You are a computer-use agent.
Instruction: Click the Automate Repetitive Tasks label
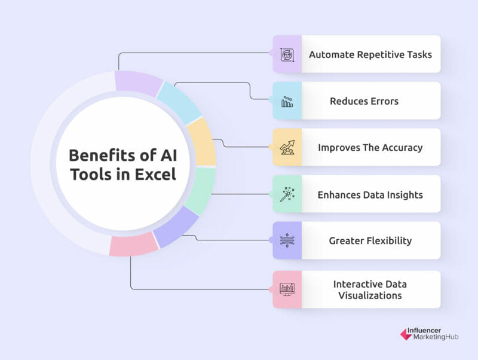point(370,54)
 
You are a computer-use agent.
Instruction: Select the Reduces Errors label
point(364,101)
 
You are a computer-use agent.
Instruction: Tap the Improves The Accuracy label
point(369,148)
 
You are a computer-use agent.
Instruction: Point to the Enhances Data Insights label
point(370,194)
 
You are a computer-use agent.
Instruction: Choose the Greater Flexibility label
point(370,241)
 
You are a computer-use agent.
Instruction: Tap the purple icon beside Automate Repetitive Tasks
point(287,54)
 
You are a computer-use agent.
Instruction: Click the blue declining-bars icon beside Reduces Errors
point(287,101)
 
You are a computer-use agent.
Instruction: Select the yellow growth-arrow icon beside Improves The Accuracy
point(287,148)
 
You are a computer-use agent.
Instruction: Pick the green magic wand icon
point(287,194)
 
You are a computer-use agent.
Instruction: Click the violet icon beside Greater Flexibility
point(287,241)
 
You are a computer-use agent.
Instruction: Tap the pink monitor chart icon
point(287,289)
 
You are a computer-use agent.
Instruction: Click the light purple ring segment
point(138,82)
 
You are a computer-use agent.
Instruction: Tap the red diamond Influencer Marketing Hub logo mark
point(406,334)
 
